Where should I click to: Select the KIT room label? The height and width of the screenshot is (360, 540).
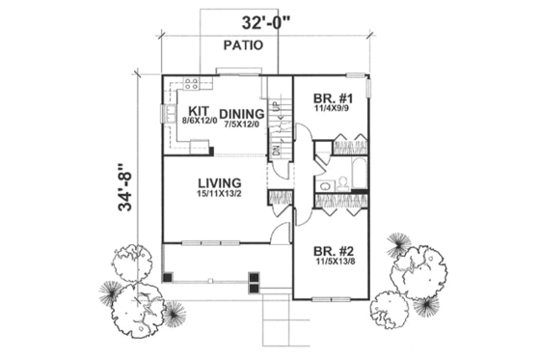(200, 111)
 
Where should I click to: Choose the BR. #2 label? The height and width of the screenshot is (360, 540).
(334, 247)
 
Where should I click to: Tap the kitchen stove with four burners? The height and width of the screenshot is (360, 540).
(192, 84)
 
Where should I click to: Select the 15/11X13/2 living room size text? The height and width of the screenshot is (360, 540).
(220, 196)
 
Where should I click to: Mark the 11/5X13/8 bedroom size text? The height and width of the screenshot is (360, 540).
(334, 260)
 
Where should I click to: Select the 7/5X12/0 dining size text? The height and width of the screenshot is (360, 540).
(242, 125)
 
